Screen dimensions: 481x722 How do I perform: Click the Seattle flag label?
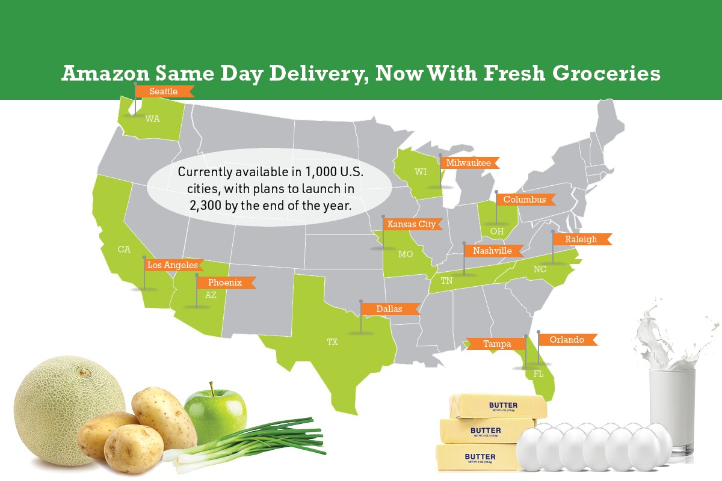pos(164,91)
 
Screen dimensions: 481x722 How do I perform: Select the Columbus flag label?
pos(524,200)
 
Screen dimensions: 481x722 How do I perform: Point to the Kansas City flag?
pos(412,224)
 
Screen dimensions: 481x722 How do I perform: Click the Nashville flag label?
pos(492,251)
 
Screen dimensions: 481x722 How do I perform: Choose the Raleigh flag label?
pos(581,239)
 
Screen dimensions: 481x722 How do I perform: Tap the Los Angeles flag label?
pos(172,265)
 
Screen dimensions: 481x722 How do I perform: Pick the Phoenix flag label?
pos(225,283)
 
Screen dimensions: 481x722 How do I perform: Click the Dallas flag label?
pos(389,309)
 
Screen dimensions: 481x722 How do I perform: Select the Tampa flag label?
pos(497,344)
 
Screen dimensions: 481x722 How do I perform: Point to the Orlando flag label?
pos(567,340)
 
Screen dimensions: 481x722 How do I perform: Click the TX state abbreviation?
pos(332,342)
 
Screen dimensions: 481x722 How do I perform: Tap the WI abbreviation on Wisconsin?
pos(421,172)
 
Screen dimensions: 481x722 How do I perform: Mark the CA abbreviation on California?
pos(124,250)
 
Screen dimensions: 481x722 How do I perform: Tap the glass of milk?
pos(672,409)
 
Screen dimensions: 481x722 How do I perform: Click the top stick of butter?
pos(498,406)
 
